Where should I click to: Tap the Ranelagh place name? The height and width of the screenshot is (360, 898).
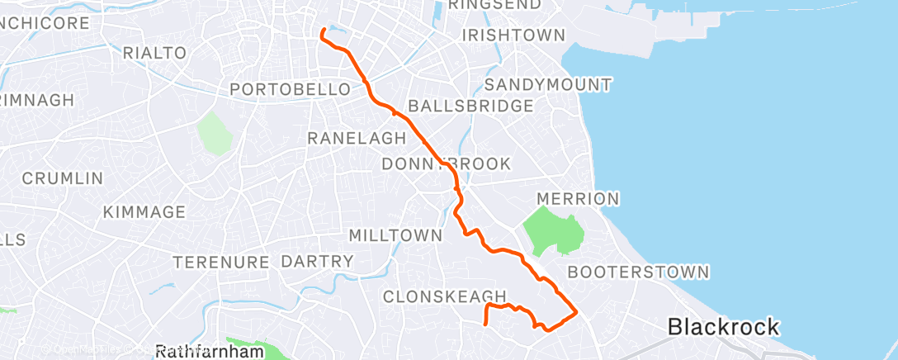click(x=357, y=138)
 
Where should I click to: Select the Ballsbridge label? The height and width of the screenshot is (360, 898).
click(x=470, y=106)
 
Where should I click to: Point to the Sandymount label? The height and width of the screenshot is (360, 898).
click(x=548, y=84)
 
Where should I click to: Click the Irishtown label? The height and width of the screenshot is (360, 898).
click(x=513, y=36)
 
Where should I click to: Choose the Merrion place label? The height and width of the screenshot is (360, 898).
click(x=577, y=198)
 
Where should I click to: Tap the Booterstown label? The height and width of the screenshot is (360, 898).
click(x=638, y=271)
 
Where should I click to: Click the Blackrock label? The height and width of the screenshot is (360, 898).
click(x=723, y=327)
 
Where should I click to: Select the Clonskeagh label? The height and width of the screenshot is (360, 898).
click(x=444, y=296)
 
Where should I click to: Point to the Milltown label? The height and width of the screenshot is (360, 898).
click(x=395, y=235)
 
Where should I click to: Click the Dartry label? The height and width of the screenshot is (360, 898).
click(x=317, y=262)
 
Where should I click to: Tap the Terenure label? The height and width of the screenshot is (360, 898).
click(x=222, y=263)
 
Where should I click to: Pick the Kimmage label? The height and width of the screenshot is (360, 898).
click(x=144, y=212)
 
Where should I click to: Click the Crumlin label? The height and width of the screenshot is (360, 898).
click(x=63, y=178)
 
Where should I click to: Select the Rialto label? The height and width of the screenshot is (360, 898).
click(x=154, y=53)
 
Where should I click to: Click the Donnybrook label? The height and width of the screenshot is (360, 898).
click(x=446, y=164)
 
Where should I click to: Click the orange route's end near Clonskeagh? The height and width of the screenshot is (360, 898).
click(x=485, y=324)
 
